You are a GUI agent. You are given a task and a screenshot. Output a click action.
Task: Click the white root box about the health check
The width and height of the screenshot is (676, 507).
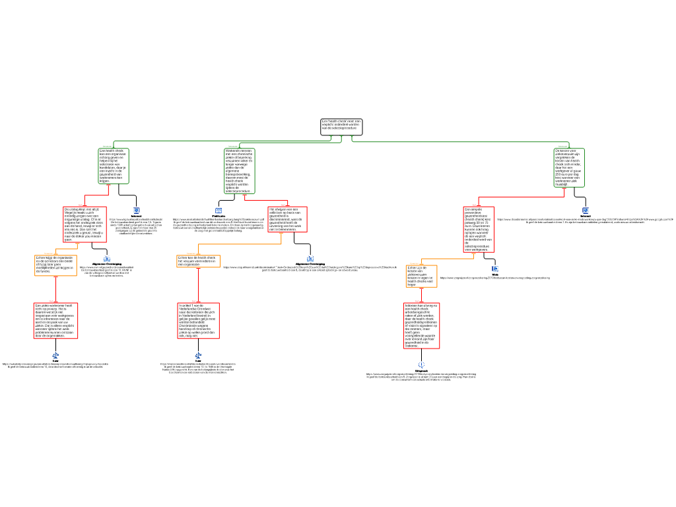click(341, 127)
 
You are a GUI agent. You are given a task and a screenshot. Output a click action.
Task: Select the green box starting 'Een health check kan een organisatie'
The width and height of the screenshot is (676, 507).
click(114, 166)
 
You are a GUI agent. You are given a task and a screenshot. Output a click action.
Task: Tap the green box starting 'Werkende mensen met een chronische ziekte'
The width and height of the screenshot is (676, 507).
click(240, 170)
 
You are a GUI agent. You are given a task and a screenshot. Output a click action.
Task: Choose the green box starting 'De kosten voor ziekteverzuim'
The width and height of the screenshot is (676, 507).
click(569, 168)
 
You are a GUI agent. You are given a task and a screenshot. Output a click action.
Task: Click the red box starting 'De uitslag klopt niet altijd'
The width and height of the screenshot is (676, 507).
click(84, 224)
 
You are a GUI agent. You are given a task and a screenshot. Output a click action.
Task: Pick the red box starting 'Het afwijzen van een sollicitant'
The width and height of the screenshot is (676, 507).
click(287, 219)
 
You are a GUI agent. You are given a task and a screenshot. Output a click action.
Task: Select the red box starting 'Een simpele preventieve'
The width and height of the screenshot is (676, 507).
click(479, 229)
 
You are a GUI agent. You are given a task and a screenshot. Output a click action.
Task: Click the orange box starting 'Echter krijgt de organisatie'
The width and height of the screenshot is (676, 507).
click(55, 265)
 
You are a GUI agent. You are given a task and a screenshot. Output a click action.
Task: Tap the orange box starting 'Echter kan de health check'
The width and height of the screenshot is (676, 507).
click(198, 261)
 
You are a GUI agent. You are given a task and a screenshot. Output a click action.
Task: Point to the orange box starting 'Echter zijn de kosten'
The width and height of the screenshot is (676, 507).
click(421, 276)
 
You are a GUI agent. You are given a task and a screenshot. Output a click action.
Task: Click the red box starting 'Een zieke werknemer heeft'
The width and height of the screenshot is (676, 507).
click(55, 321)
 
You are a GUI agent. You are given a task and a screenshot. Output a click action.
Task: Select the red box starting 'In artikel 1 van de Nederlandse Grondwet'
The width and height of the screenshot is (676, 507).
click(198, 321)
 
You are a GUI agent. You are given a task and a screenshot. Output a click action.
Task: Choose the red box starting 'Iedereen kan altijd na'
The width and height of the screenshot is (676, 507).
click(422, 326)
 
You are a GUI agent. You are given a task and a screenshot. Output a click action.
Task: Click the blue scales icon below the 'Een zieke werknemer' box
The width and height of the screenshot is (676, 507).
click(55, 356)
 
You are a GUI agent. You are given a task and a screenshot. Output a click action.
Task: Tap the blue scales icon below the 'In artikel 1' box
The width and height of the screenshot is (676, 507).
click(198, 356)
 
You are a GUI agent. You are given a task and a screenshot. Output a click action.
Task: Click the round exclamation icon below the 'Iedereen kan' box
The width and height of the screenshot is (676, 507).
click(422, 364)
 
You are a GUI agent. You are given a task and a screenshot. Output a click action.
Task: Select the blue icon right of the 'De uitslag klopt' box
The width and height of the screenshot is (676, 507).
click(136, 211)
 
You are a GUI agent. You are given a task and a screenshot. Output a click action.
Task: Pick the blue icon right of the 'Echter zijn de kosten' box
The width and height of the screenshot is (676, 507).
click(495, 269)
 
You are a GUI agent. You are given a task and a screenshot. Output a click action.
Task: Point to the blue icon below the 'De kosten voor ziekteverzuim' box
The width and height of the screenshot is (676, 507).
click(586, 211)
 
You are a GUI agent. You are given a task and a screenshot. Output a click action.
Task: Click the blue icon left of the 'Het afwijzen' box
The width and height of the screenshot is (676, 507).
click(219, 211)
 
